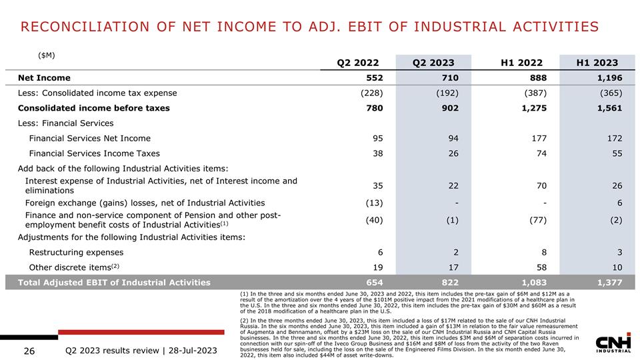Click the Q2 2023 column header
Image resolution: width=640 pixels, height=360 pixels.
pos(433,63)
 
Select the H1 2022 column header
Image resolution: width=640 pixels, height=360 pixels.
pos(521,63)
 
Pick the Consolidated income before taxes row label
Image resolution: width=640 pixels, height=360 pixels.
pos(94,108)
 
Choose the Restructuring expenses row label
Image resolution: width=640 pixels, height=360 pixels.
pos(77,252)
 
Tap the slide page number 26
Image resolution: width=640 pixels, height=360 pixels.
pos(29,350)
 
